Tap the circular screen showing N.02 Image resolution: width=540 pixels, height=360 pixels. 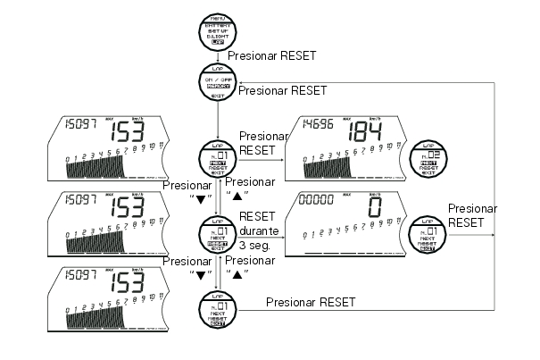[427, 159]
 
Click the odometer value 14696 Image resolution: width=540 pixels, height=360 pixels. [318, 125]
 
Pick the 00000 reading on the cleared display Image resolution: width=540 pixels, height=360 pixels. [318, 200]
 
